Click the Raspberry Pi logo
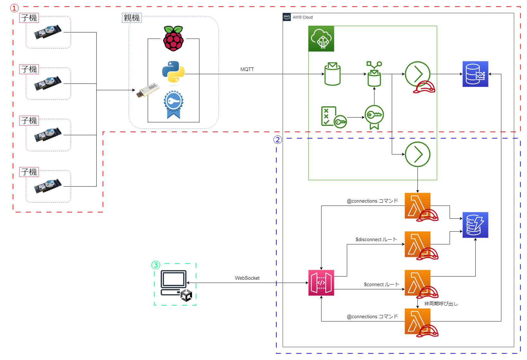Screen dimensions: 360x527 coord(173,39)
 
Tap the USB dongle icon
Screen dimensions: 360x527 coord(148,90)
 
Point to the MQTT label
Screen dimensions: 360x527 coord(247,69)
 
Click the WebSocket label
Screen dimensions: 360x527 coord(247,278)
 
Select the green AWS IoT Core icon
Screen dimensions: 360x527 coord(321,39)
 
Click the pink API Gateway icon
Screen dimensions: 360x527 coord(321,283)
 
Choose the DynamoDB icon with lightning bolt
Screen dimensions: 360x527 coord(475,225)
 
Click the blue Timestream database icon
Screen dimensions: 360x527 coord(475,74)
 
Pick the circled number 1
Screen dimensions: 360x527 coord(14,8)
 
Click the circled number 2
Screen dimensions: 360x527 coord(278,140)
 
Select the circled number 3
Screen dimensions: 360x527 coord(156,265)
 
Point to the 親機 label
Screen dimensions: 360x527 coord(132,18)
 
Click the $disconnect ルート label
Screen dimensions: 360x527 coord(376,240)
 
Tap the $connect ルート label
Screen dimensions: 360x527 coord(382,285)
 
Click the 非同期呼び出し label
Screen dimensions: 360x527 coord(441,304)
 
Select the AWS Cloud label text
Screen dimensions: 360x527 coord(303,17)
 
